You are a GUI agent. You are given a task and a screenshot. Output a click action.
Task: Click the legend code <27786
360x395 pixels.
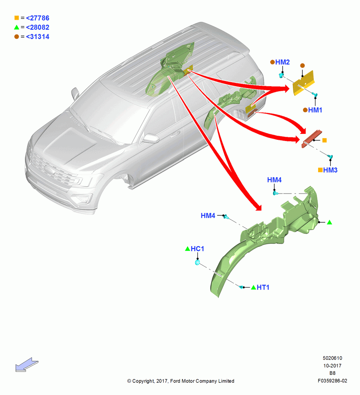pos(37,18)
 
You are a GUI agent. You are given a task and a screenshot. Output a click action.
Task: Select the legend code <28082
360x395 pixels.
pos(37,27)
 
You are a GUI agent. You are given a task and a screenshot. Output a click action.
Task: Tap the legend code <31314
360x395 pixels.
pos(37,36)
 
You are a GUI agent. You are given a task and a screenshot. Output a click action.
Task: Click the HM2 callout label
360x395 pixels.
pos(283,62)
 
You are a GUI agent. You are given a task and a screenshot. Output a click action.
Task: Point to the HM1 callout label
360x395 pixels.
pos(315,110)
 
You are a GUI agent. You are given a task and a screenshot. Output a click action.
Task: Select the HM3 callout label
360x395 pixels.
pos(330,170)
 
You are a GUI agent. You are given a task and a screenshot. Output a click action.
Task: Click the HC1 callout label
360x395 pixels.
pos(197,249)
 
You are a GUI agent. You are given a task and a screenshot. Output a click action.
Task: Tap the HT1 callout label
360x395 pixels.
pos(263,288)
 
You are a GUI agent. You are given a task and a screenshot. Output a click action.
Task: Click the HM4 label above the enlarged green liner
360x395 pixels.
pos(274,180)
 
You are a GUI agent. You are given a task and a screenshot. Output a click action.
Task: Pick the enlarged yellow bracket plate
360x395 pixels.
pos(304,83)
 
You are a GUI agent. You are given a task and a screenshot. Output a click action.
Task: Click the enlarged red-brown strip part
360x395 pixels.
pos(312,139)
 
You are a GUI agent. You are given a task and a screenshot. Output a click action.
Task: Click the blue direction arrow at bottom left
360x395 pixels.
pos(27,365)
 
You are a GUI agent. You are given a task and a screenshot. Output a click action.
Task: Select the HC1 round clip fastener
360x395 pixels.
pos(198,263)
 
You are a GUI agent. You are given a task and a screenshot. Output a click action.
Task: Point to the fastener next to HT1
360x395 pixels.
pos(242,287)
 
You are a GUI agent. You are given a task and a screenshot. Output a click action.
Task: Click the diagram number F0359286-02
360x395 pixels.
pos(332,381)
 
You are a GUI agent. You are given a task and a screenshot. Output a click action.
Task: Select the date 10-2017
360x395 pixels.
pos(332,365)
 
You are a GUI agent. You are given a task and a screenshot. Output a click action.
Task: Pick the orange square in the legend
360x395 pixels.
pos(17,18)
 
